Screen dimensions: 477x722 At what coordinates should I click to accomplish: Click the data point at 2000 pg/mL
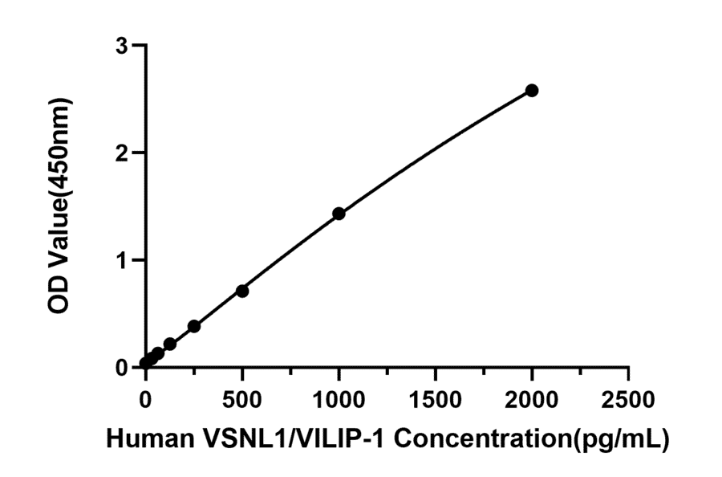[x=531, y=91]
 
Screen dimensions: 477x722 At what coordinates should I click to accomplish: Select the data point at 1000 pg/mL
[x=339, y=214]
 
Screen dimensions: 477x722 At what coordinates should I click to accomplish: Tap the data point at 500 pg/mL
[x=241, y=291]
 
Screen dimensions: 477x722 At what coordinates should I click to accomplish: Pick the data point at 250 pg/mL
[x=193, y=326]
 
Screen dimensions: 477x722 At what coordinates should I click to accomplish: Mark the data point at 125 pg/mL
[x=169, y=344]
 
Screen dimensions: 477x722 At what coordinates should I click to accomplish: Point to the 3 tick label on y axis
[x=122, y=46]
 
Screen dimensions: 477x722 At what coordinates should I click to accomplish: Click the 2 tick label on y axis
[x=122, y=153]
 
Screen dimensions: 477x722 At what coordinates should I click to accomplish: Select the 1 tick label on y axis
[x=122, y=260]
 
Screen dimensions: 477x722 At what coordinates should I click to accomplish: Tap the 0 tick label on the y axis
[x=122, y=367]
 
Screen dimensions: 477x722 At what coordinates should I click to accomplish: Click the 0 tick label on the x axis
[x=145, y=397]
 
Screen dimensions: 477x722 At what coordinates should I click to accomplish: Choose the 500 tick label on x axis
[x=241, y=397]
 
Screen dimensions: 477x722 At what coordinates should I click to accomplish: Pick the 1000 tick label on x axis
[x=339, y=397]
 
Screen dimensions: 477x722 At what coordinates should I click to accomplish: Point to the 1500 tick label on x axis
[x=435, y=397]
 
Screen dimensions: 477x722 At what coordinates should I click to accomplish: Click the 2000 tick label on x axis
[x=531, y=397]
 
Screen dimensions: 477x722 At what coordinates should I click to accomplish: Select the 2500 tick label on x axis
[x=628, y=397]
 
